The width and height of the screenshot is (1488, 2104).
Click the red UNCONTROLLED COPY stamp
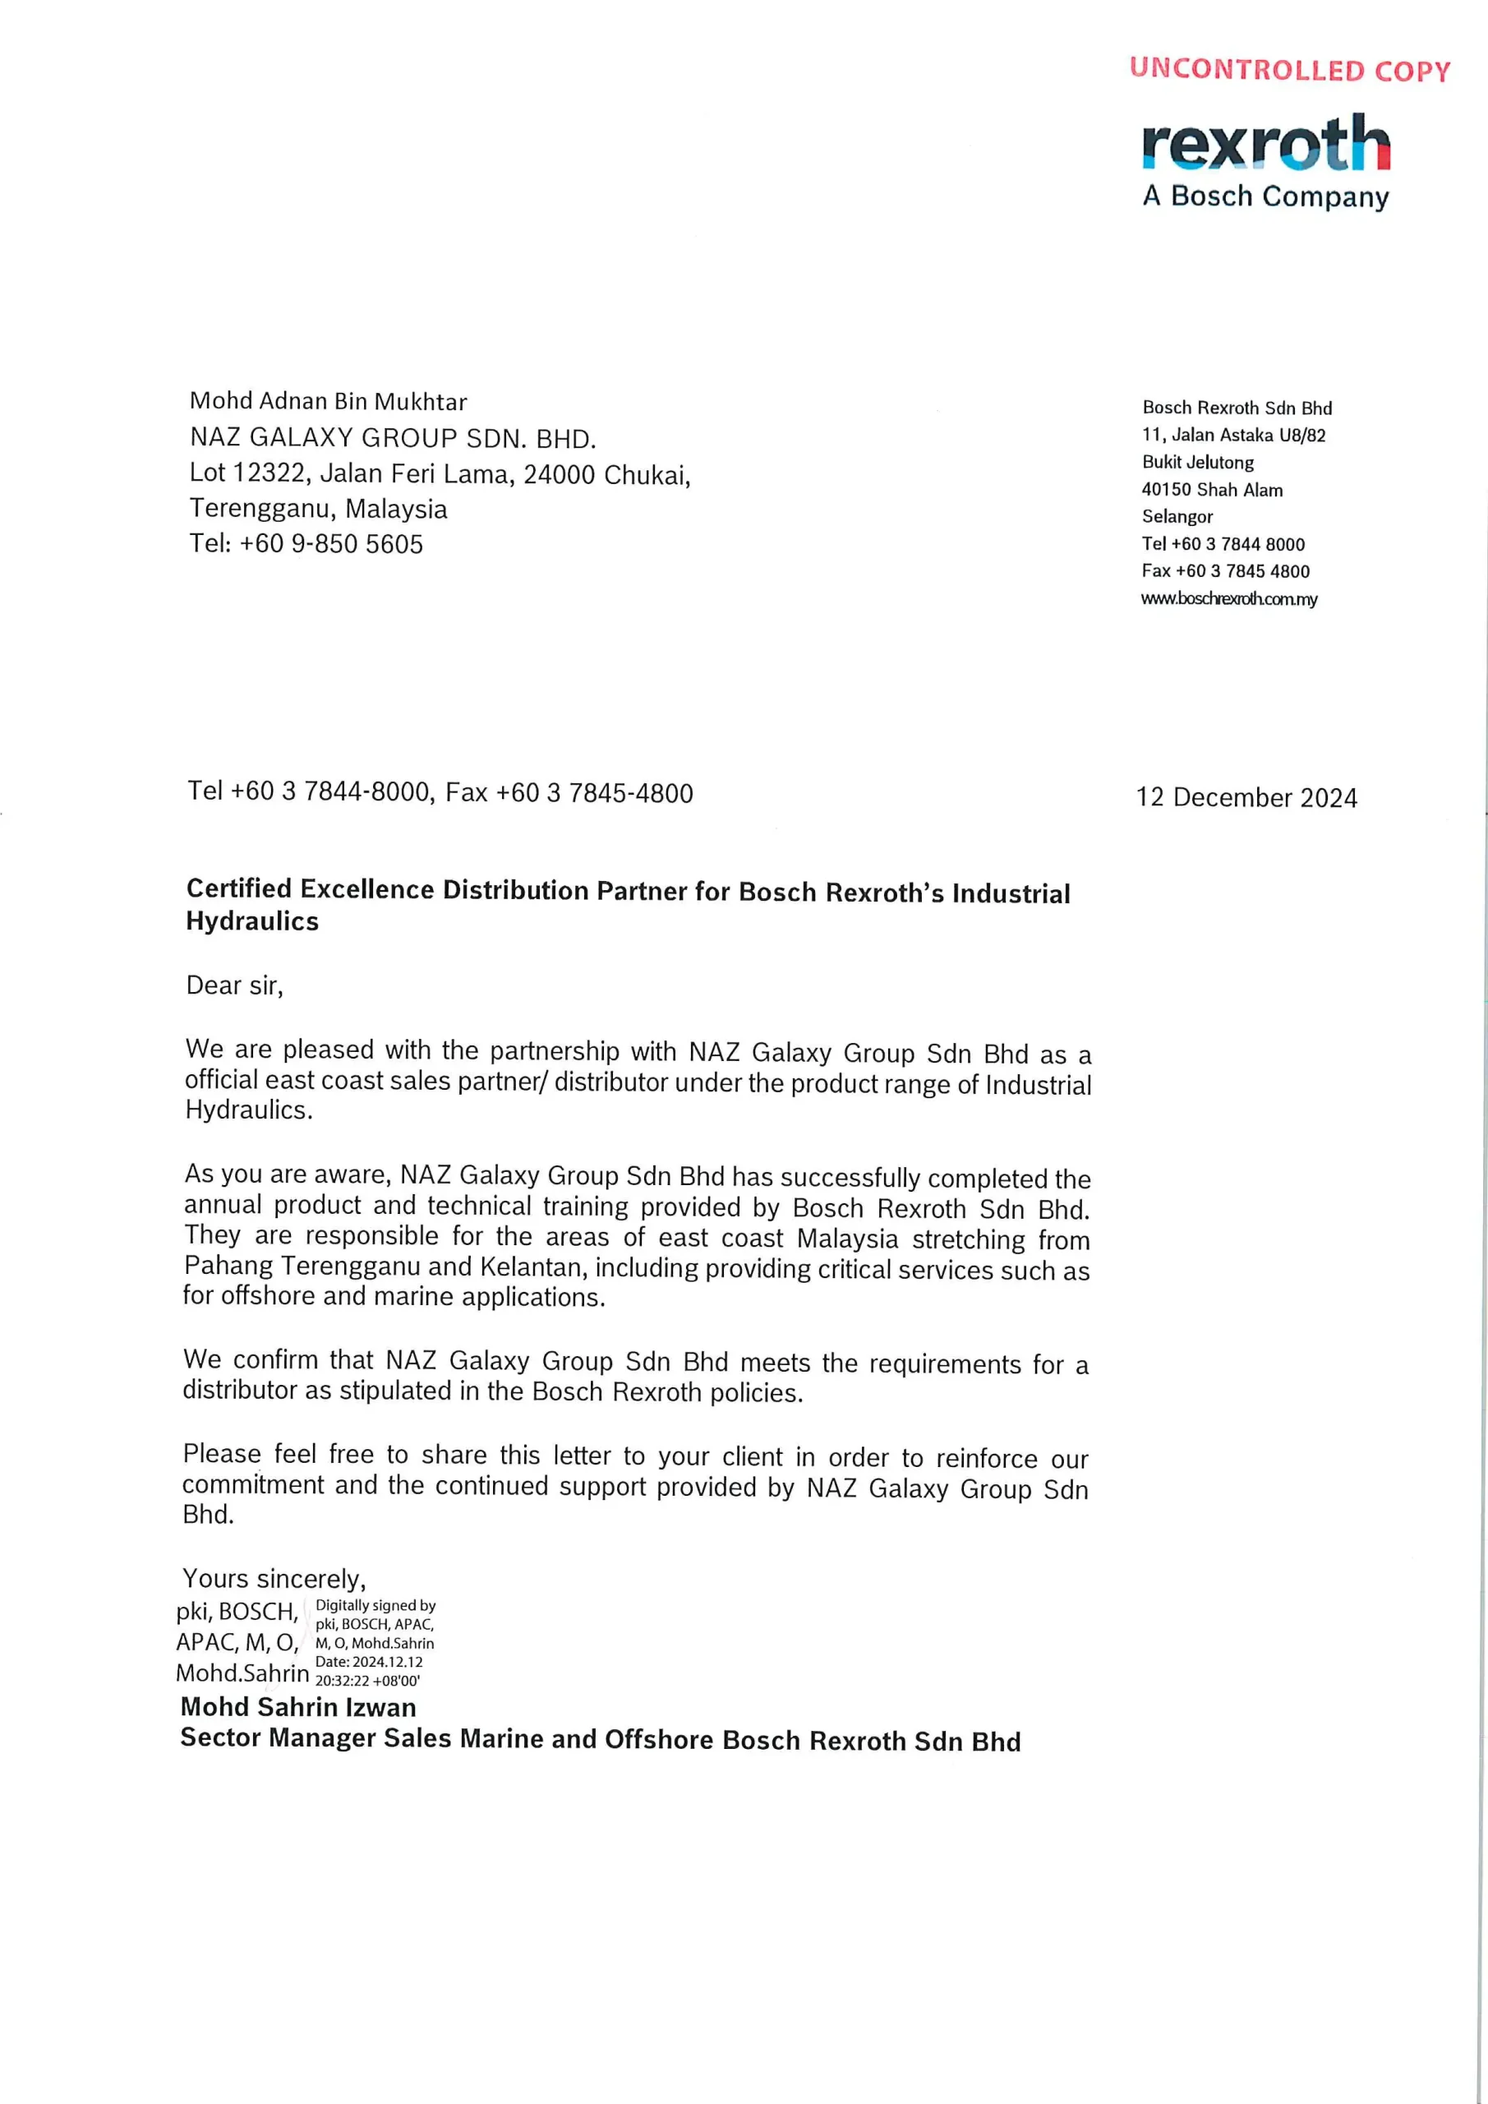[x=1289, y=70]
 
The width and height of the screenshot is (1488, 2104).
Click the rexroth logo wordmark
[x=1265, y=144]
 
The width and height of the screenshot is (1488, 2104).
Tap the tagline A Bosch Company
[x=1265, y=196]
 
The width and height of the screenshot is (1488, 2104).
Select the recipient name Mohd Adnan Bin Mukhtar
[x=328, y=401]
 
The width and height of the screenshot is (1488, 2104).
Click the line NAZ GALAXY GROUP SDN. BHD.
[x=393, y=438]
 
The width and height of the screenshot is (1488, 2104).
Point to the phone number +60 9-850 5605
[x=331, y=544]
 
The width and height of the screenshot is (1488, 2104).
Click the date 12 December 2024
[x=1246, y=797]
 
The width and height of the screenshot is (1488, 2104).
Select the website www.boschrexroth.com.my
[x=1228, y=599]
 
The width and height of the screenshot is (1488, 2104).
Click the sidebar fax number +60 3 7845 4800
[x=1242, y=572]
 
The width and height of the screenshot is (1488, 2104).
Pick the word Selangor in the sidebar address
[x=1177, y=517]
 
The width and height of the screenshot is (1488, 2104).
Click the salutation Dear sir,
[x=234, y=985]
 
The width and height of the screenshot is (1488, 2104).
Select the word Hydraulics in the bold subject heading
[x=252, y=921]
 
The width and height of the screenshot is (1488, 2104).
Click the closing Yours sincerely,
[x=274, y=1579]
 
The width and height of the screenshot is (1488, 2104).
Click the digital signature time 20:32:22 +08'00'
[x=367, y=1681]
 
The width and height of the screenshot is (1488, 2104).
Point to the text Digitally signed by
[x=375, y=1605]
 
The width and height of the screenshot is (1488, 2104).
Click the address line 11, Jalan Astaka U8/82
[x=1233, y=436]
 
